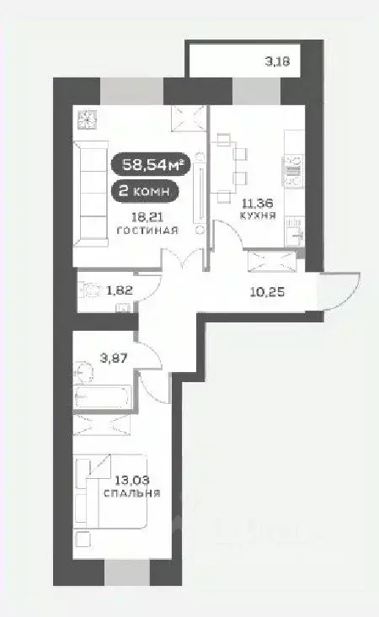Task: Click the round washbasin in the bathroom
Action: tap(83, 370)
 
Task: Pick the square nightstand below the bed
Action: tap(82, 537)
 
